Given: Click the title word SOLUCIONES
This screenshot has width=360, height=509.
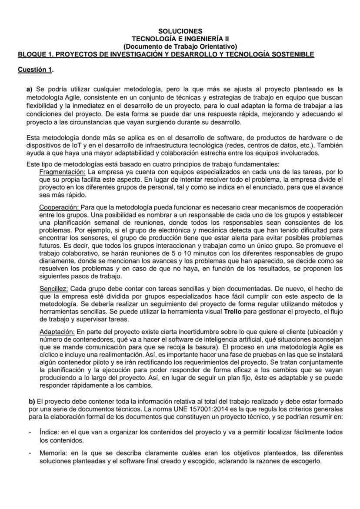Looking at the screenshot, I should (180, 31).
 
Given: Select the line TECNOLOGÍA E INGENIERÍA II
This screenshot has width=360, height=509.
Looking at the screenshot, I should (180, 39).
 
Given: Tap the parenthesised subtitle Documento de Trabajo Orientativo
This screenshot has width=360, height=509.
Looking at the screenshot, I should (180, 46).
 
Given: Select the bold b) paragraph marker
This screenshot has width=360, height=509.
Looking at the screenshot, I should (32, 400).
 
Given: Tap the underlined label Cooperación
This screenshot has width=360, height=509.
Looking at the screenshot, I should (60, 207).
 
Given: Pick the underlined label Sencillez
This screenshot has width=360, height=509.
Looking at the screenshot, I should (53, 288).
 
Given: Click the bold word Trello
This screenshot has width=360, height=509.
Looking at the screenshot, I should (232, 312).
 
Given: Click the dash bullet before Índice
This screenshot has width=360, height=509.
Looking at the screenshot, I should (29, 432).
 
